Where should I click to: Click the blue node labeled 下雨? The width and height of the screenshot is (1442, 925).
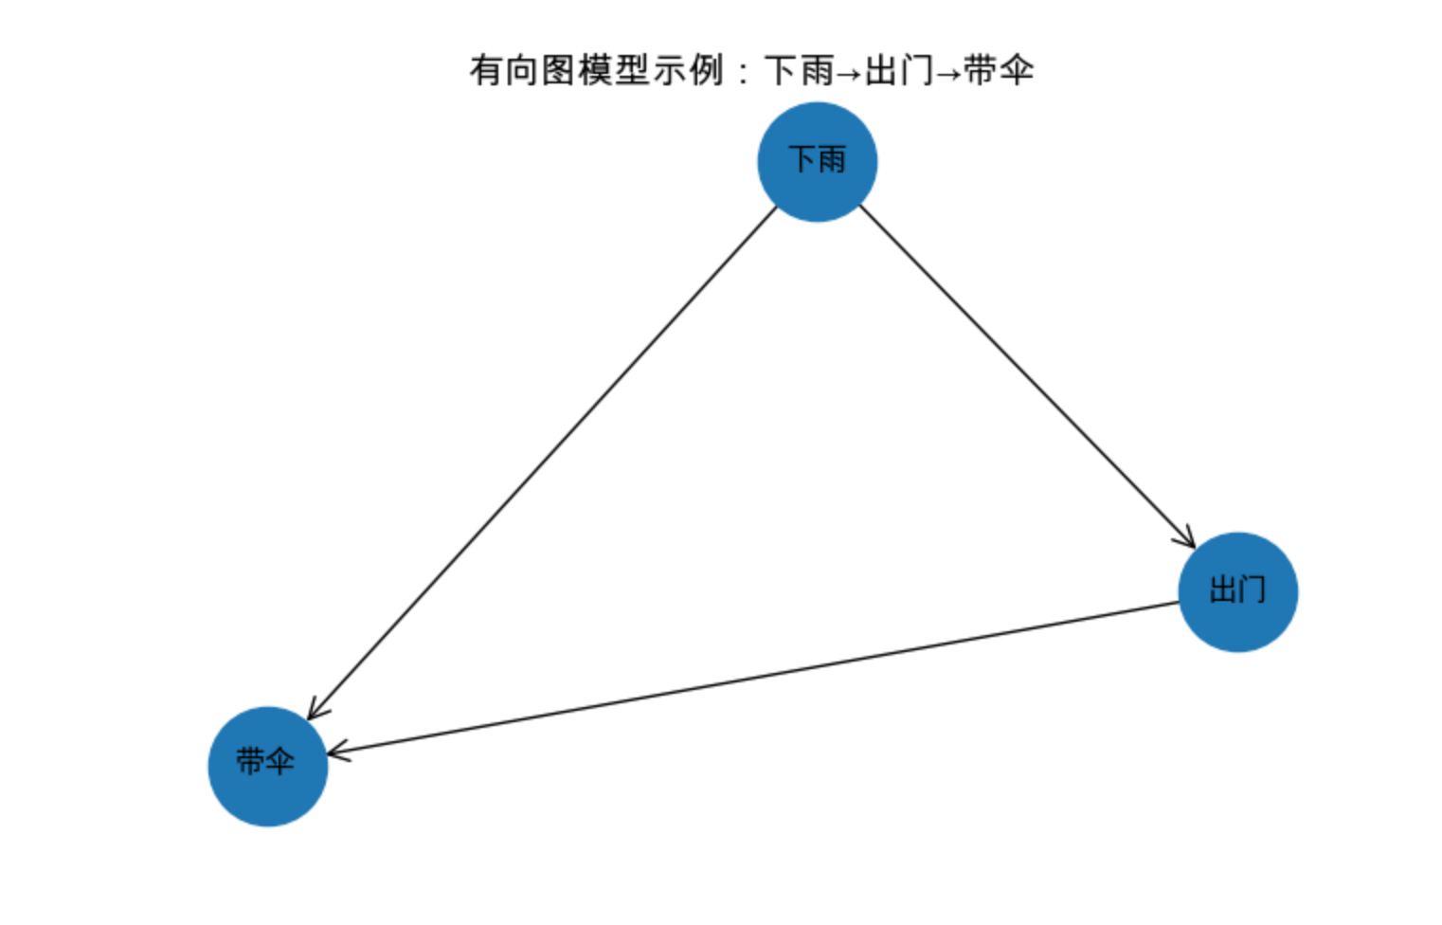(x=817, y=162)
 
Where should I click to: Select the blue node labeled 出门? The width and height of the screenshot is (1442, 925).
(x=1237, y=591)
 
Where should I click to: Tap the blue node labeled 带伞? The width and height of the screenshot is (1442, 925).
(x=267, y=766)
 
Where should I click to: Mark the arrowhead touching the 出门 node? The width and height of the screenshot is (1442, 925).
(x=1186, y=539)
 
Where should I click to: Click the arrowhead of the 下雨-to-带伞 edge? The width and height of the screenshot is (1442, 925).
(x=315, y=710)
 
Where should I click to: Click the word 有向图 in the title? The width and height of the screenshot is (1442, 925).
(x=523, y=70)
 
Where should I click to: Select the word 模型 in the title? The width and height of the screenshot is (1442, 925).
(x=614, y=70)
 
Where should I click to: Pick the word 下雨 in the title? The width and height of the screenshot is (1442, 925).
(x=799, y=70)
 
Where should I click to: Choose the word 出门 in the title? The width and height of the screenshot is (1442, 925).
(x=898, y=70)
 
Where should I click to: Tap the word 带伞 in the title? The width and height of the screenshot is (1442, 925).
(x=999, y=70)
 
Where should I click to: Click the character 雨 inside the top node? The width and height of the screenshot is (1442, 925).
(x=832, y=159)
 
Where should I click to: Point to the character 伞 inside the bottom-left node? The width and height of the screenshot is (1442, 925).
(x=280, y=761)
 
